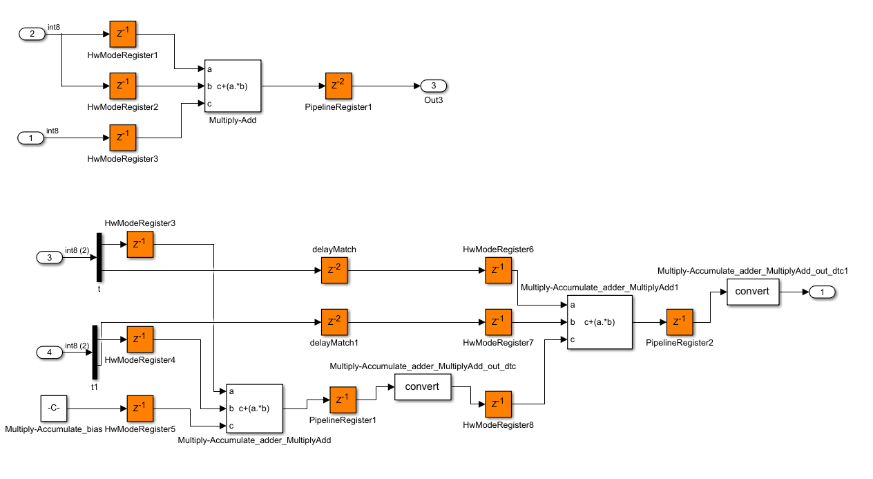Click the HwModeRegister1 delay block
point(123,34)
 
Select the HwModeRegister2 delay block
point(123,86)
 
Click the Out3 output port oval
point(434,86)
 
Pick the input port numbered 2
point(31,34)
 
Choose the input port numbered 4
point(48,353)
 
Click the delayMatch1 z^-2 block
point(334,322)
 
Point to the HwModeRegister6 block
point(498,270)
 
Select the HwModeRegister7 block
point(498,322)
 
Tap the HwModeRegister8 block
point(498,404)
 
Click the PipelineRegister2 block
point(679,322)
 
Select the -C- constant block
point(54,408)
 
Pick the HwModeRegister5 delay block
point(140,408)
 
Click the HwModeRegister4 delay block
point(140,339)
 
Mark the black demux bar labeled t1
point(95,352)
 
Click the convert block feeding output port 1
point(752,292)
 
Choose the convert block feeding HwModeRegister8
point(422,386)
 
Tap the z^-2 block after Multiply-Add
point(338,86)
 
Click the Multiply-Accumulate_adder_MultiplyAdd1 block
point(599,322)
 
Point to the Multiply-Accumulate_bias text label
point(54,429)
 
